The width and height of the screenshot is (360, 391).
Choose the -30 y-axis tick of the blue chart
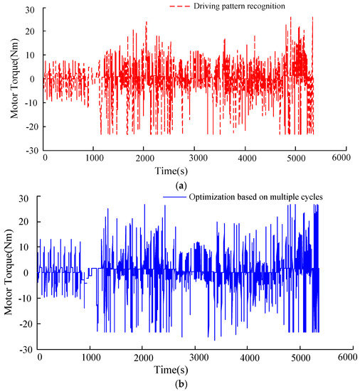point(28,349)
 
